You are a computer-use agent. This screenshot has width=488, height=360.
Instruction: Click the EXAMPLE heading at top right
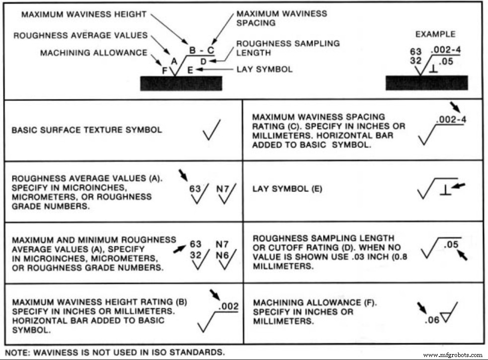click(x=435, y=34)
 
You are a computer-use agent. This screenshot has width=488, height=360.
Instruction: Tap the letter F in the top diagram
click(x=164, y=70)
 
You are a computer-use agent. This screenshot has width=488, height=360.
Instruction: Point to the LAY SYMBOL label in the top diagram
click(x=264, y=70)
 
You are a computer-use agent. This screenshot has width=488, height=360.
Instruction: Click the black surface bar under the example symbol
click(x=426, y=83)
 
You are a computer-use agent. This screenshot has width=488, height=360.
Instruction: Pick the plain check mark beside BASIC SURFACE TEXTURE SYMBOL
click(x=212, y=130)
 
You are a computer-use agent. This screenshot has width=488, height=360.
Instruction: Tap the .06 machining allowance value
click(x=432, y=320)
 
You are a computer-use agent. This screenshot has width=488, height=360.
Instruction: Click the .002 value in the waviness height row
click(x=229, y=306)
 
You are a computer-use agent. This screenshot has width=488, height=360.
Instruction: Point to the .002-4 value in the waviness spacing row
click(x=450, y=120)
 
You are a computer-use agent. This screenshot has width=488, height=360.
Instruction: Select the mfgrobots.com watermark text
click(x=452, y=355)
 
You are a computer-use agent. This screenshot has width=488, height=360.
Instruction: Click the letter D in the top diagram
click(x=203, y=60)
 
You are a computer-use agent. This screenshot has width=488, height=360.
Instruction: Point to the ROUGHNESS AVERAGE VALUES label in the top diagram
click(x=80, y=35)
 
